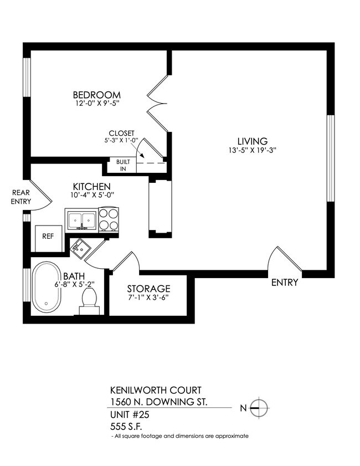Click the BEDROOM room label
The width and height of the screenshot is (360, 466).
click(x=97, y=94)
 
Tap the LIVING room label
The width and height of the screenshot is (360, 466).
click(x=248, y=141)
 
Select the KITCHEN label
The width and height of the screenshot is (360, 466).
click(x=92, y=186)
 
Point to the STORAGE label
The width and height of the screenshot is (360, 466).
click(x=148, y=289)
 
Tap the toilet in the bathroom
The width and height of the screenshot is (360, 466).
click(x=89, y=302)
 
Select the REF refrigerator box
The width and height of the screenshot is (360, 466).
click(x=48, y=235)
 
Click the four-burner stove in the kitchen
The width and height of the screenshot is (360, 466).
click(x=109, y=219)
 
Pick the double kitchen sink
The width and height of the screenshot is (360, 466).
click(x=81, y=219)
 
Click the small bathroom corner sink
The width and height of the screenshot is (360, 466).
click(x=81, y=248)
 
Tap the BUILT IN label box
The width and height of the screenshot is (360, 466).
click(x=121, y=165)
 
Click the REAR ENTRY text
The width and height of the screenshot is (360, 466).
click(x=20, y=197)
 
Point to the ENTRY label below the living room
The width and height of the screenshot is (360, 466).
click(x=285, y=283)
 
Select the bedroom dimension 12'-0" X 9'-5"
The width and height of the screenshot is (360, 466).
click(x=97, y=103)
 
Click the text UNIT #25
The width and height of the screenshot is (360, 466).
click(x=130, y=414)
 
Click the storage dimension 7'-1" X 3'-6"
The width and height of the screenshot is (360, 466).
click(x=148, y=298)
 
